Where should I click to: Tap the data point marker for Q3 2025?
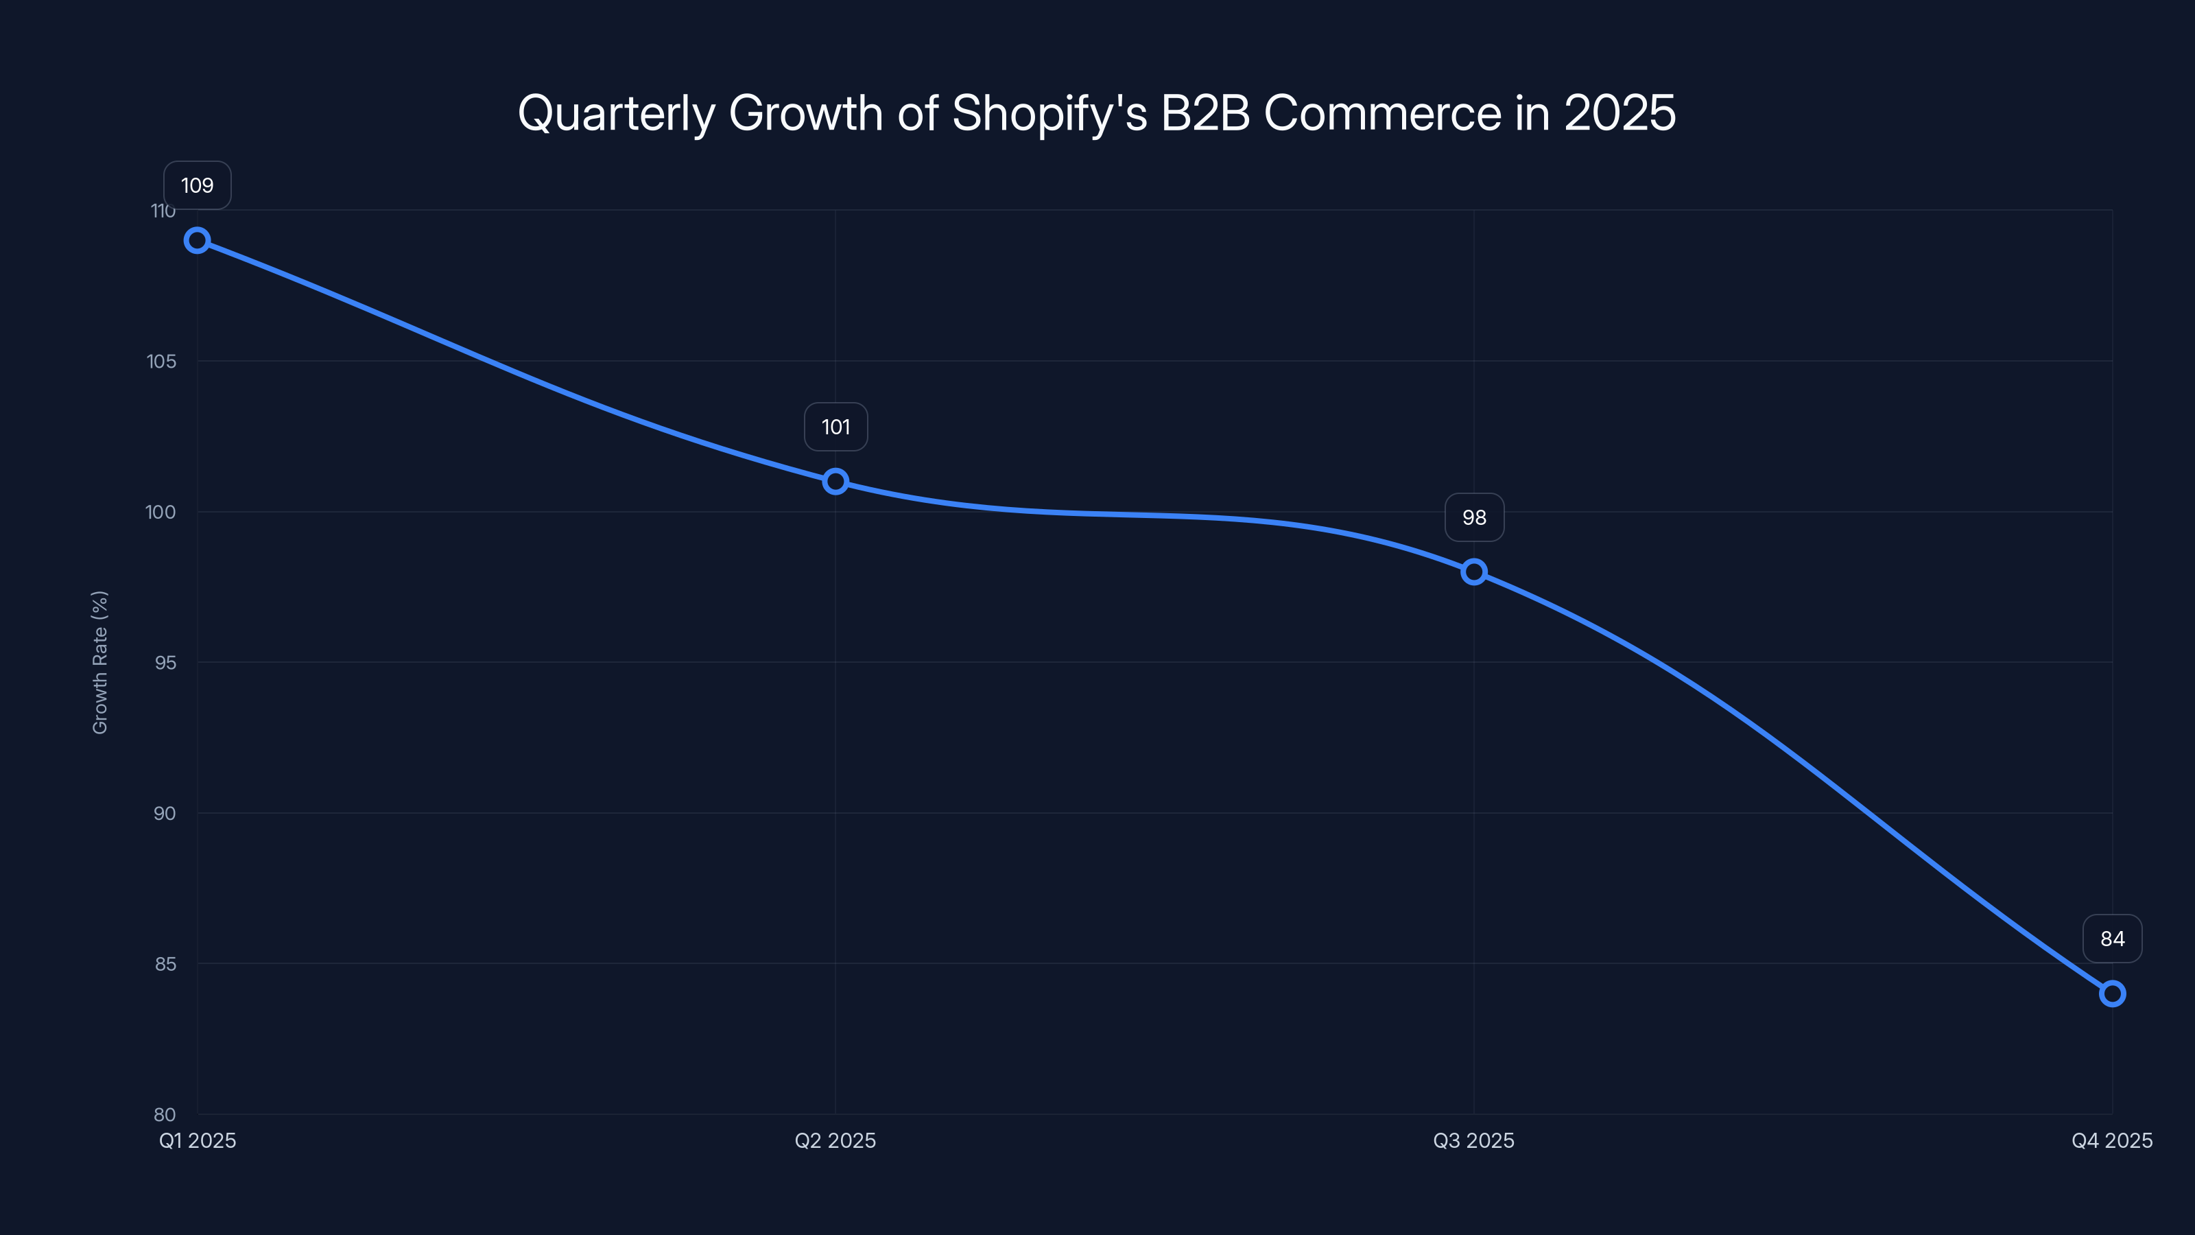[x=1474, y=572]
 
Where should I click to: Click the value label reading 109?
[x=198, y=186]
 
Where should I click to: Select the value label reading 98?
[x=1474, y=517]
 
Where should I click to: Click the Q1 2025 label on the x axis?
[x=198, y=1140]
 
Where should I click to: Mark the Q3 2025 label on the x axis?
[x=1474, y=1140]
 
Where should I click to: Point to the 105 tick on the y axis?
[x=162, y=362]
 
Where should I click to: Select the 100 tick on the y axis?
[x=161, y=513]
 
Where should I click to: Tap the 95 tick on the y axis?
[x=165, y=662]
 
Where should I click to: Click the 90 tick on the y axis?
[x=165, y=813]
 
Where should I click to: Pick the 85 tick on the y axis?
[x=165, y=964]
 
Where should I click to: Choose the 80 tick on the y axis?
[x=165, y=1114]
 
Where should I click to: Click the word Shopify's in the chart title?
[x=1049, y=113]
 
